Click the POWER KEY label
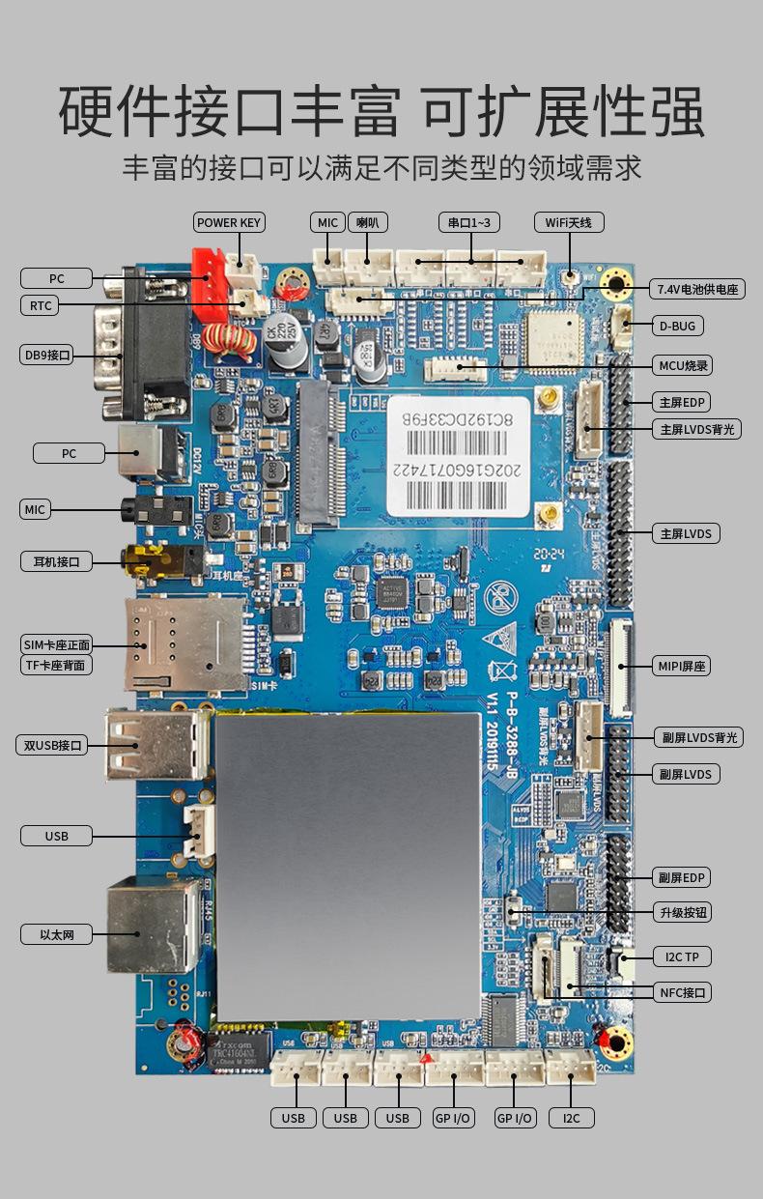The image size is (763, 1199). [229, 222]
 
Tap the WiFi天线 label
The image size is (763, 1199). [569, 222]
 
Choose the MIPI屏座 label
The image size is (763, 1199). [683, 666]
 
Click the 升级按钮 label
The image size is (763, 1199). [683, 912]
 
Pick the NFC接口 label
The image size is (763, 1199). [683, 992]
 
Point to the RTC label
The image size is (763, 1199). [40, 305]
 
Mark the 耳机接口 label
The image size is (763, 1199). [56, 561]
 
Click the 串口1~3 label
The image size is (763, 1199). [469, 222]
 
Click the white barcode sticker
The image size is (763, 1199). [460, 456]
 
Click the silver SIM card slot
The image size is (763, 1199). [184, 642]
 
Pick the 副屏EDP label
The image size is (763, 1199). [682, 877]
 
